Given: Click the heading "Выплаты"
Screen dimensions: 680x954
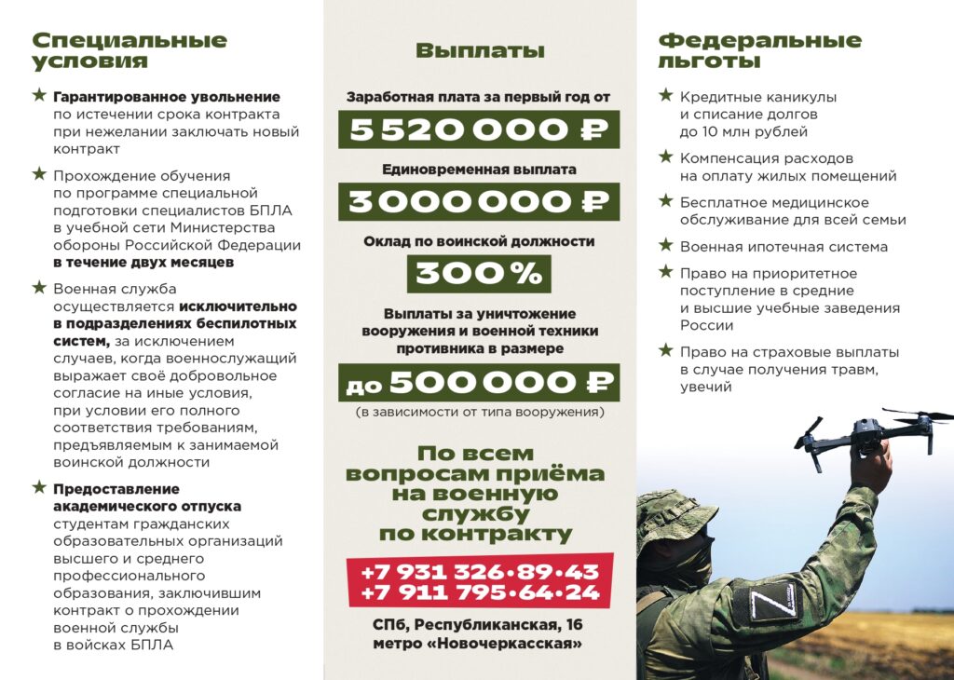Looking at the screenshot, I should point(480,51).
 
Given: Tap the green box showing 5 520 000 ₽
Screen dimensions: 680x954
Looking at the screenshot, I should point(479,129).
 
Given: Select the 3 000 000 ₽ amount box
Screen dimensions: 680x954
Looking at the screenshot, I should point(479,201).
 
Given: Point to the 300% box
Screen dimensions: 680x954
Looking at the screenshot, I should point(479,274).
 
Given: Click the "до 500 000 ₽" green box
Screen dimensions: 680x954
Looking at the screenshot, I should point(479,382).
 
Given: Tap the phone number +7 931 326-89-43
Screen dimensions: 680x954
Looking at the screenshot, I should point(480,571).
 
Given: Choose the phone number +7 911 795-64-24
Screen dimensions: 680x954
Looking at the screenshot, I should point(480,592).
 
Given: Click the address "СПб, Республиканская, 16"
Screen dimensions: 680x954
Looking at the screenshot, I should point(479,624).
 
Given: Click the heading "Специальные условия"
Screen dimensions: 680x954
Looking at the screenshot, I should point(129,51).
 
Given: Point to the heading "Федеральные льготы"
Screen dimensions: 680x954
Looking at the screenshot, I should point(759,51).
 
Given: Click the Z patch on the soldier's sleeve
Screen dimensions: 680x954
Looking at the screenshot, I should point(775,601).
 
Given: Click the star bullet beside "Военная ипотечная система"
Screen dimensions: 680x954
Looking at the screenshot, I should point(665,245).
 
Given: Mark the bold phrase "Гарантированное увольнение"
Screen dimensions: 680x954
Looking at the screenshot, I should point(167,97).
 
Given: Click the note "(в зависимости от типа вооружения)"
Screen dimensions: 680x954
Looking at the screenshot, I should point(479,412).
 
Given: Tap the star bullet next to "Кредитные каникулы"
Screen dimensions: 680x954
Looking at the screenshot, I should point(665,95).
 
